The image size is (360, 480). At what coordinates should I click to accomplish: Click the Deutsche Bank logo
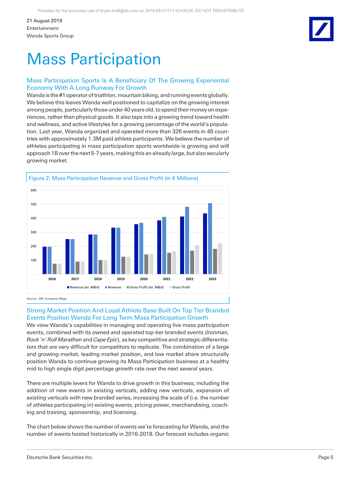(321, 29)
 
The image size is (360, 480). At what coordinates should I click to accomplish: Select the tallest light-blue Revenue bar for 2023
(210, 239)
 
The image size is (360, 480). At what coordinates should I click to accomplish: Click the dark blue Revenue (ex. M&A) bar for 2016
(44, 260)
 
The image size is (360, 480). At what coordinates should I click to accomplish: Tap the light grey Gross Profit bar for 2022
(197, 259)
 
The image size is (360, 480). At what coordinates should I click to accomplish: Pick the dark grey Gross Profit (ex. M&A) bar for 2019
(123, 265)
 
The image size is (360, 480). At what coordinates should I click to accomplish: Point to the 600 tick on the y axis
(34, 190)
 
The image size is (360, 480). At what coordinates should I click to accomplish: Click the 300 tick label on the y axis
(34, 232)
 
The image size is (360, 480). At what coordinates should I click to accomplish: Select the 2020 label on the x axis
(144, 279)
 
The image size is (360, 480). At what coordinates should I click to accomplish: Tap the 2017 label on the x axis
(75, 279)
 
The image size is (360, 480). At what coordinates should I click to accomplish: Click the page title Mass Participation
(94, 59)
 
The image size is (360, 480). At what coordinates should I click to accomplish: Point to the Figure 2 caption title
(113, 178)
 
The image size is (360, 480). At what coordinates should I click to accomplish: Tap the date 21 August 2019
(44, 21)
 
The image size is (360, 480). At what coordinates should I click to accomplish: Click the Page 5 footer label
(325, 457)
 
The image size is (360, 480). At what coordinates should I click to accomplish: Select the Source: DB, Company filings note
(47, 299)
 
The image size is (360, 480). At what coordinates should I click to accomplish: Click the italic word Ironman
(217, 333)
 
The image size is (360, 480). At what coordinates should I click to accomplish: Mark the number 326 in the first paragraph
(177, 131)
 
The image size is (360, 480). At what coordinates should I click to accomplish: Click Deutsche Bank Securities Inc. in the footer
(60, 457)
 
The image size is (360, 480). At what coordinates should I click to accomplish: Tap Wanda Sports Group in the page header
(50, 36)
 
